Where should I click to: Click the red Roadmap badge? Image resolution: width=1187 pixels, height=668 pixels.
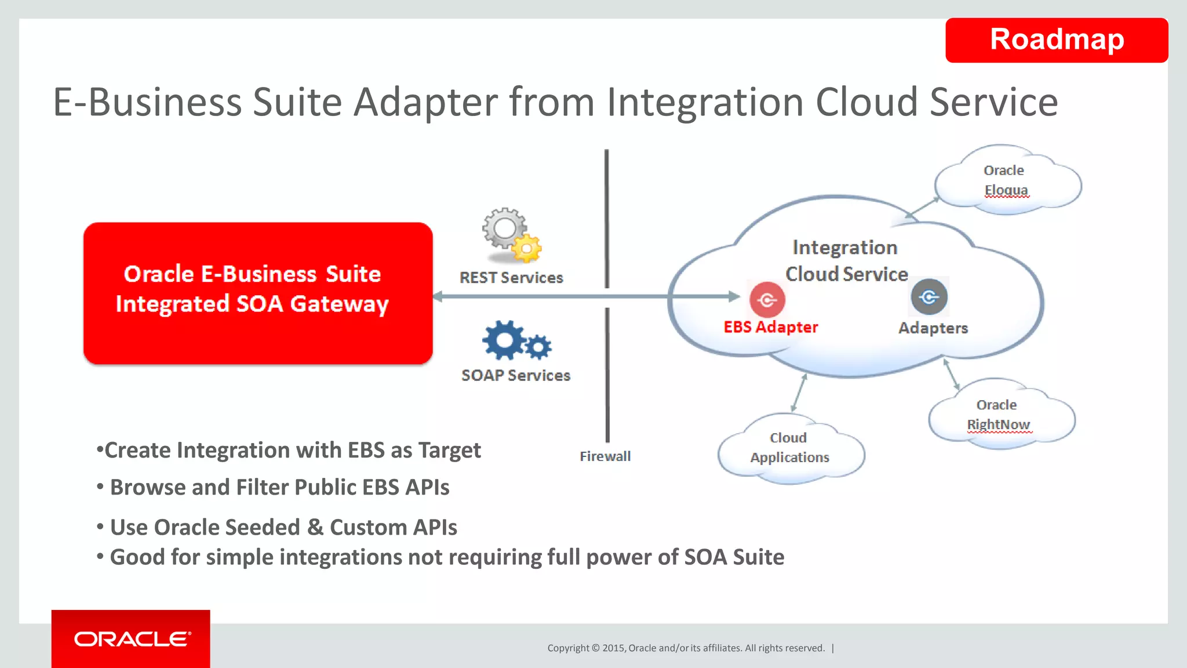[x=1056, y=40]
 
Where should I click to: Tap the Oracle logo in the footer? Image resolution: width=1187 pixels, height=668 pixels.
[x=132, y=639]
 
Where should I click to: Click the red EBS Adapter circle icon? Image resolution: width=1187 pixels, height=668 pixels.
[x=767, y=300]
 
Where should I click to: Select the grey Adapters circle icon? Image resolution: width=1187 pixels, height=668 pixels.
[x=929, y=297]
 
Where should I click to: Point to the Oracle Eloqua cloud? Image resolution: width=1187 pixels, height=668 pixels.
[x=1006, y=180]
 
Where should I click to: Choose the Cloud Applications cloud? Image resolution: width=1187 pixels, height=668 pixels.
[x=789, y=448]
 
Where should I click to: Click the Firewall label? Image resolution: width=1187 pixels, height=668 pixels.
[x=605, y=456]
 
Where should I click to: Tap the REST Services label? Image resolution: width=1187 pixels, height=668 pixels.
[x=511, y=278]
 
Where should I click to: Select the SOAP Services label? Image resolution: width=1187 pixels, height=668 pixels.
[x=516, y=376]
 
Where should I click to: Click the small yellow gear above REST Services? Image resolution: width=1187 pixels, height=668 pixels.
[x=527, y=249]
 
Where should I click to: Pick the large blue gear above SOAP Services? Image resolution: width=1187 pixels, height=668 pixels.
[x=503, y=340]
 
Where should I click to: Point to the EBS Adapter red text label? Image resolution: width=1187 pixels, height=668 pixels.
[x=770, y=327]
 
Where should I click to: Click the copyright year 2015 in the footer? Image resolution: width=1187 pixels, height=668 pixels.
[x=613, y=648]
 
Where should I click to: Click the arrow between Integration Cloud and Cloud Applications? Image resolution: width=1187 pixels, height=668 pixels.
[x=799, y=393]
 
